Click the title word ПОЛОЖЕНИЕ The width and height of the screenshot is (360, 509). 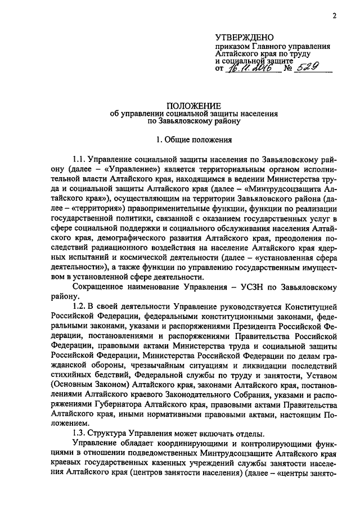coord(193,105)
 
